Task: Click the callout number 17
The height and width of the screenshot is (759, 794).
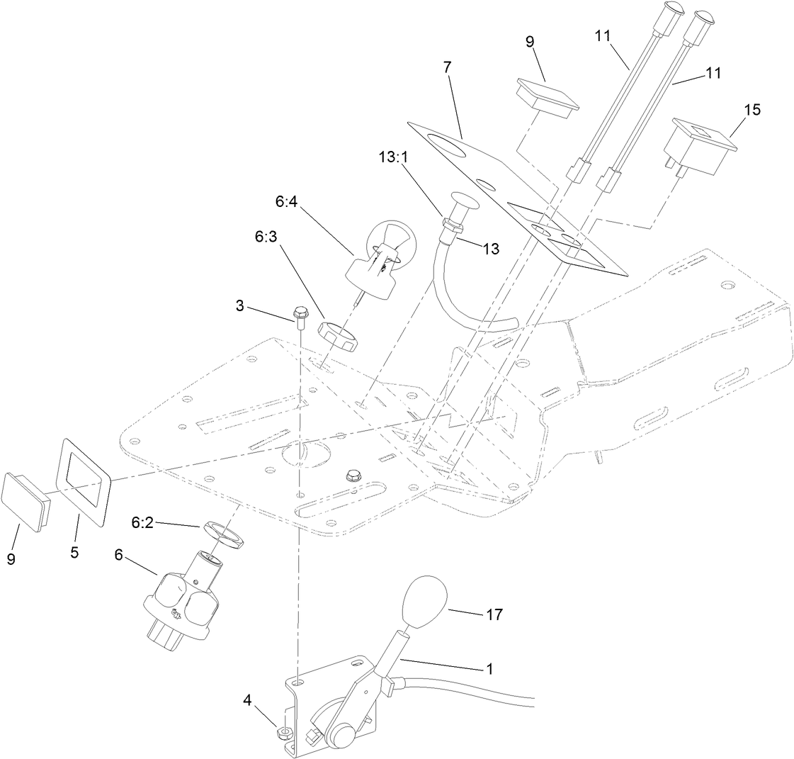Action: (494, 614)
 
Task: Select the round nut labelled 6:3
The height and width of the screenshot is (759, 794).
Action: (339, 334)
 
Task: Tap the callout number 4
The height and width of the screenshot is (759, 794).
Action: (247, 701)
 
